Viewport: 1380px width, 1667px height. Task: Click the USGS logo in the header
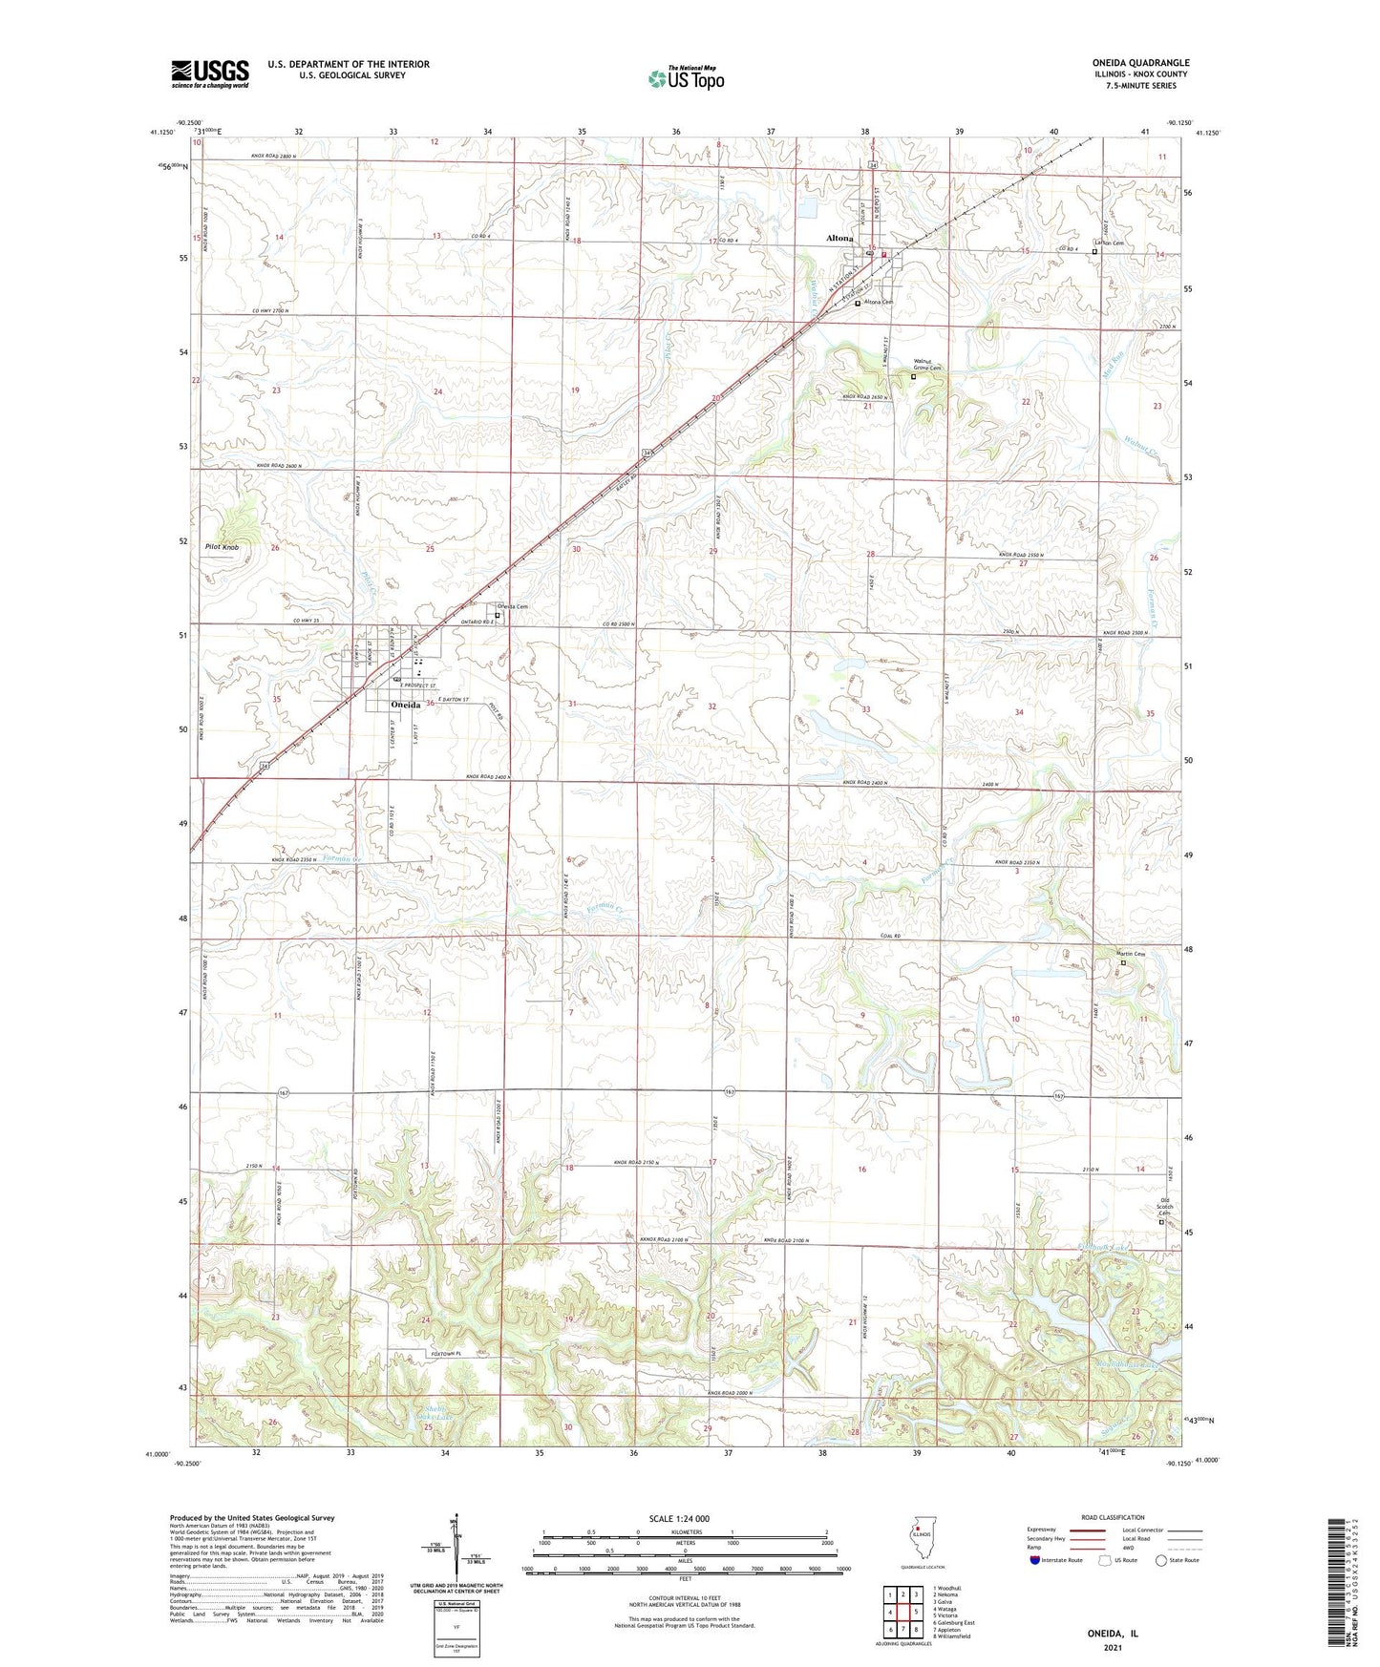(x=210, y=73)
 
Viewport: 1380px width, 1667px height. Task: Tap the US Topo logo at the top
(x=685, y=78)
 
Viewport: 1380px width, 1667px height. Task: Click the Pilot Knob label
(x=223, y=547)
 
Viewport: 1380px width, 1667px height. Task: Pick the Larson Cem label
(x=1108, y=243)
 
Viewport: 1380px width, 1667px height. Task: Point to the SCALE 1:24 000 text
(x=678, y=1518)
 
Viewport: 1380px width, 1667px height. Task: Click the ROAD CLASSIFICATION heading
(x=1113, y=1517)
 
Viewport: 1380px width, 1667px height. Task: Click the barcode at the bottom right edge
(x=1340, y=1585)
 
